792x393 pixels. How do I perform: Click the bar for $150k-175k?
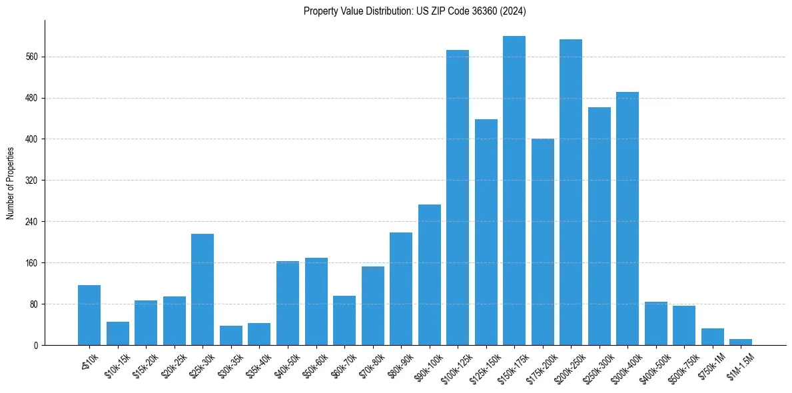pyautogui.click(x=514, y=191)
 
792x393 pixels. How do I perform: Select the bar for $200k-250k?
pyautogui.click(x=570, y=192)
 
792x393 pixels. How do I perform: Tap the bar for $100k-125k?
pyautogui.click(x=457, y=197)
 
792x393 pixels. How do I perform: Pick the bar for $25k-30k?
pyautogui.click(x=202, y=289)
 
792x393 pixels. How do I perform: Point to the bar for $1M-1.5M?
pyautogui.click(x=740, y=342)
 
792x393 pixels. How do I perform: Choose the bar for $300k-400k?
pyautogui.click(x=627, y=218)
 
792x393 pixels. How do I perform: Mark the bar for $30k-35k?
pyautogui.click(x=230, y=335)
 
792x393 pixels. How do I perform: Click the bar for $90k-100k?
pyautogui.click(x=429, y=274)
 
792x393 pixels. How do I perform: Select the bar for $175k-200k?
pyautogui.click(x=542, y=242)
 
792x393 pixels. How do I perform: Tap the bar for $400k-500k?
pyautogui.click(x=655, y=323)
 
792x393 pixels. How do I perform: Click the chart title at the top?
pyautogui.click(x=415, y=11)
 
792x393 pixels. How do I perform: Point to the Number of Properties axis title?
pyautogui.click(x=11, y=183)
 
